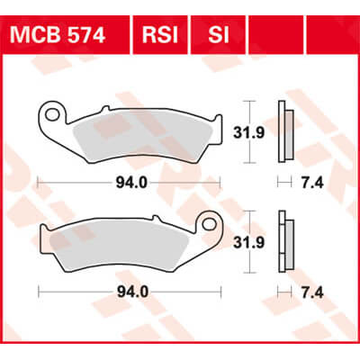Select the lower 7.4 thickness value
[311, 292]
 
